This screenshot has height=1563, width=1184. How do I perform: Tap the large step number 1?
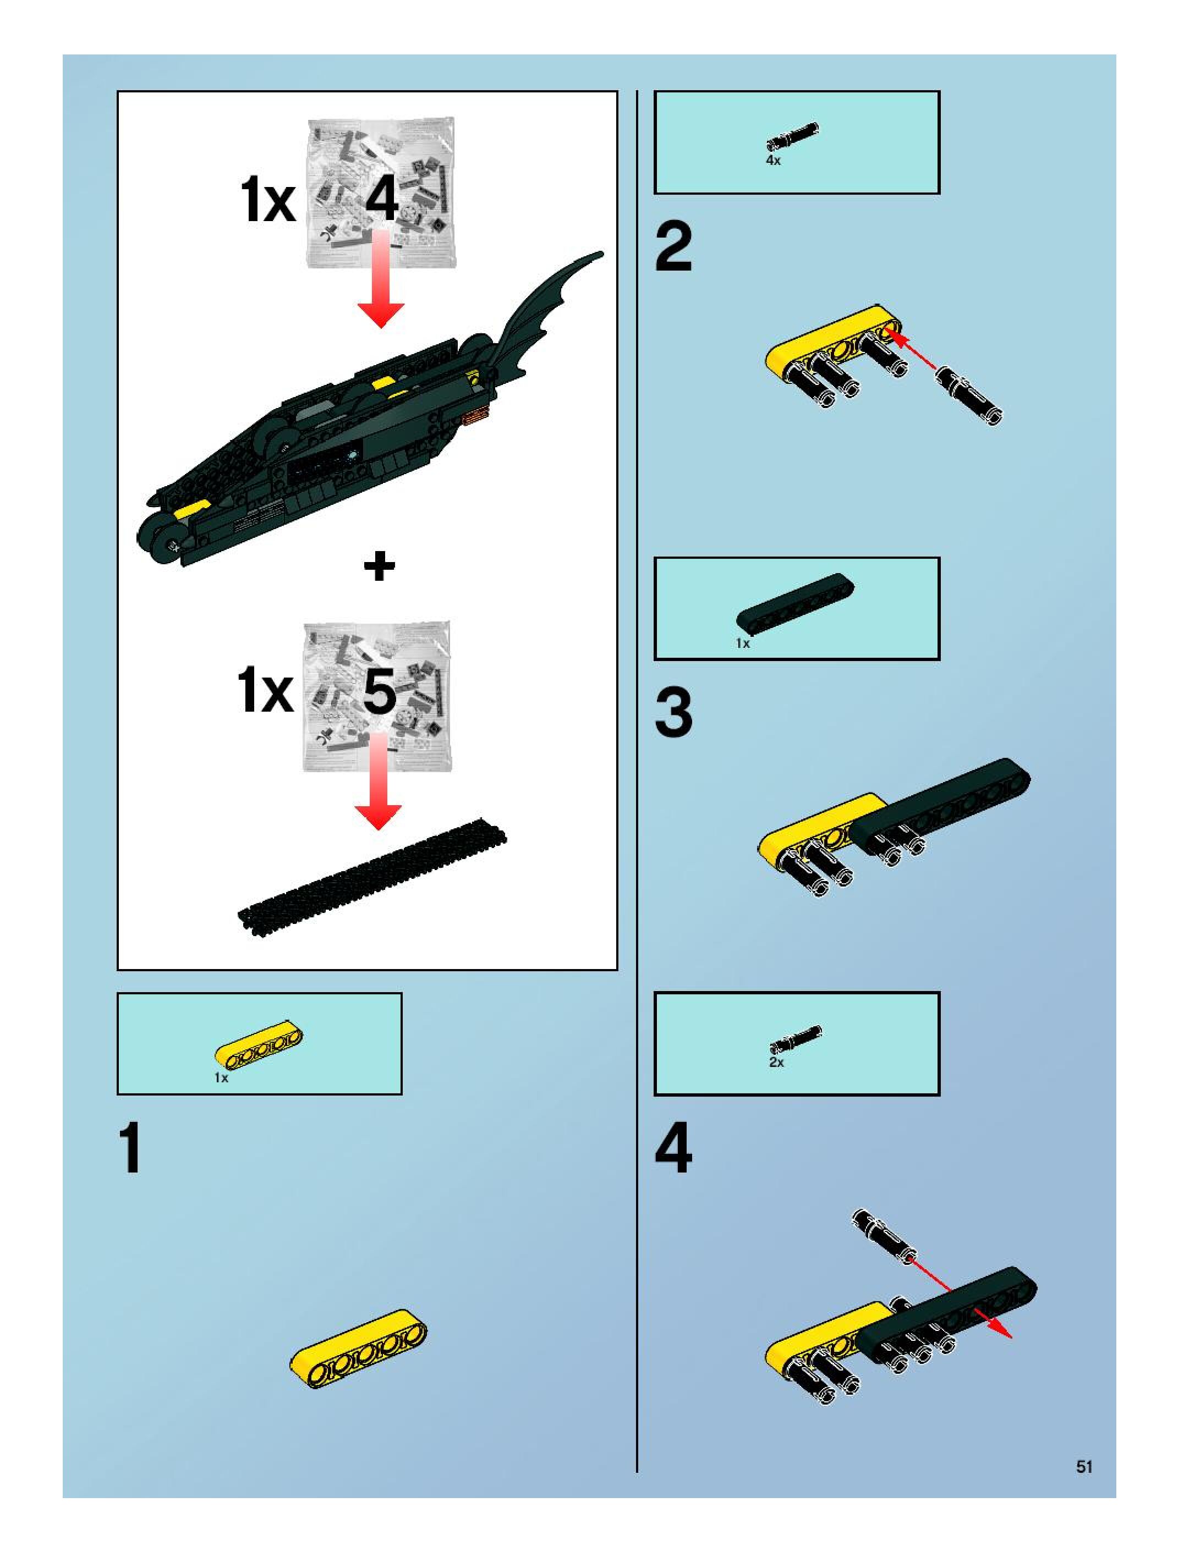pyautogui.click(x=131, y=1149)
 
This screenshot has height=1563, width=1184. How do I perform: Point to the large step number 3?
pyautogui.click(x=673, y=714)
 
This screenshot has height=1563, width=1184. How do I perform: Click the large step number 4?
pyautogui.click(x=673, y=1149)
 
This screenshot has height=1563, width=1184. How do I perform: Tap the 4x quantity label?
pyautogui.click(x=774, y=161)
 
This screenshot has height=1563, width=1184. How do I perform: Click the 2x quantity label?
pyautogui.click(x=776, y=1062)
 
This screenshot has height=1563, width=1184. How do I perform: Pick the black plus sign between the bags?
pyautogui.click(x=379, y=566)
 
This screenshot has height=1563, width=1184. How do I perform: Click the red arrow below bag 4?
pyautogui.click(x=380, y=283)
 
